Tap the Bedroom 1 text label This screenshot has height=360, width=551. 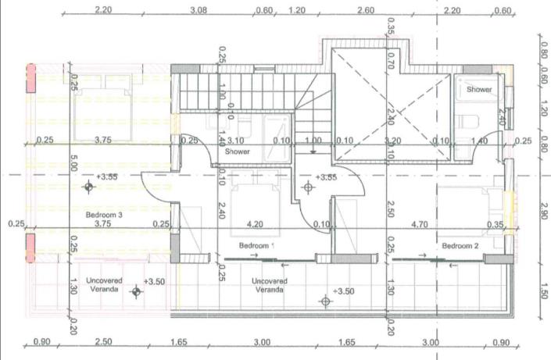tap(257, 246)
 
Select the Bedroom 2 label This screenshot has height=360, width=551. tap(461, 246)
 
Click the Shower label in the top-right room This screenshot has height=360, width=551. tap(479, 90)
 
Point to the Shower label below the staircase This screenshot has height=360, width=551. tap(237, 151)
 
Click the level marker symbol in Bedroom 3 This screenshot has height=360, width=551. tap(89, 187)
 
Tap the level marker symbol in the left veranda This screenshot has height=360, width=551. tap(138, 292)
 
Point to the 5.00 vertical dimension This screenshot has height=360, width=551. tap(73, 166)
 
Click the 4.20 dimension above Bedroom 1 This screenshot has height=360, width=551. tap(256, 223)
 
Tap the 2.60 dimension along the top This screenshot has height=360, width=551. tap(365, 10)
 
